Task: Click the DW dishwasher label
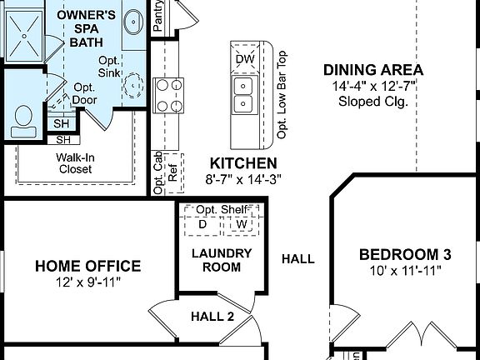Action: tap(244, 59)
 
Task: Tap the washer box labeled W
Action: tap(242, 224)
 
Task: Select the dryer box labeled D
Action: tap(202, 224)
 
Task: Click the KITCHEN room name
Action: tap(242, 163)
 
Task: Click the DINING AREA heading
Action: tap(372, 71)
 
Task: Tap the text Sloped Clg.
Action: tap(372, 102)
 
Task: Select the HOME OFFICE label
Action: tap(87, 267)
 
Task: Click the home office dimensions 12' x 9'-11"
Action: tap(87, 282)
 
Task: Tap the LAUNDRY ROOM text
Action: tap(216, 260)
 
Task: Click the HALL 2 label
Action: tap(212, 316)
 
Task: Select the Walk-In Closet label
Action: tap(74, 162)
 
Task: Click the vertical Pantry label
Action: tap(157, 15)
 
